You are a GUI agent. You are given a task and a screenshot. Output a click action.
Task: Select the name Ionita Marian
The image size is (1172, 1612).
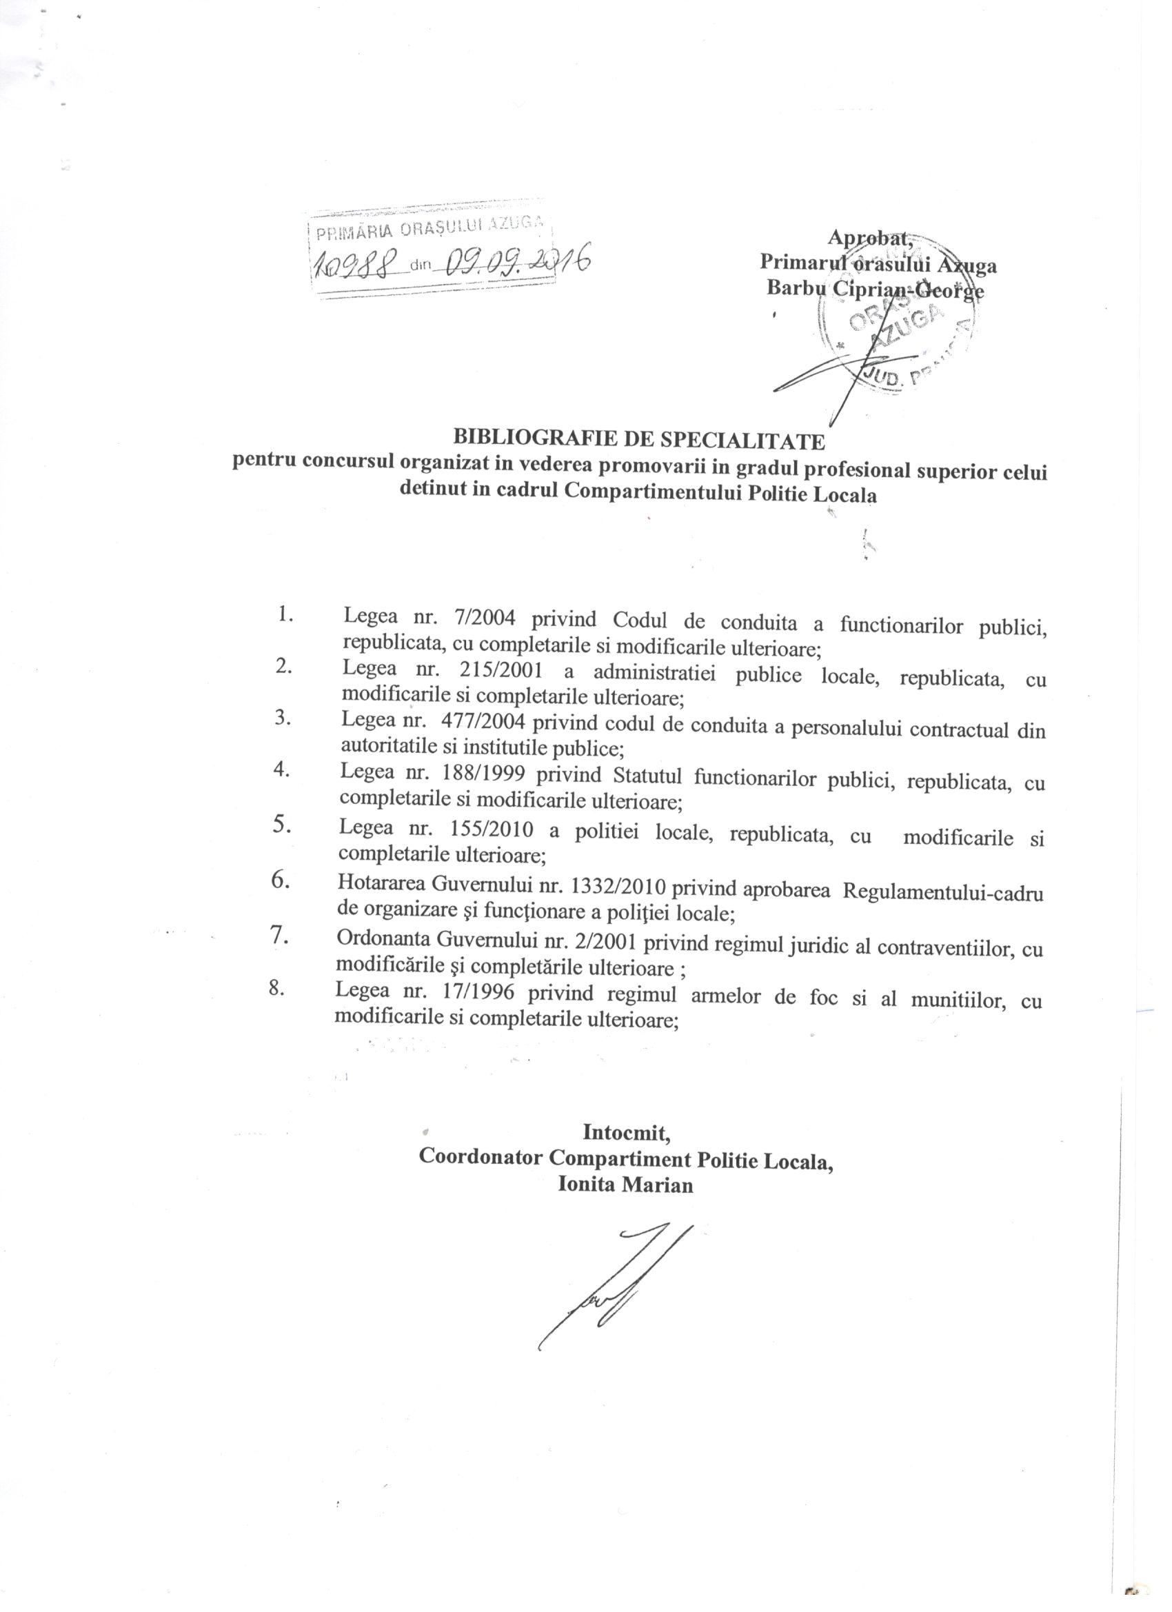click(x=625, y=1185)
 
